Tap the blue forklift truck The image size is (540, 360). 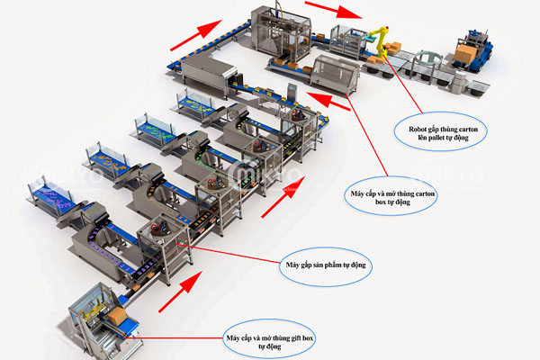click(472, 51)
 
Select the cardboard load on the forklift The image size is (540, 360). click(465, 53)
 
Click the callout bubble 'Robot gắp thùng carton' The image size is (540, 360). click(440, 131)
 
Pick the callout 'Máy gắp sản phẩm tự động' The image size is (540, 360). click(325, 266)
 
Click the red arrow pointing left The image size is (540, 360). click(328, 101)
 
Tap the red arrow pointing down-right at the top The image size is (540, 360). click(333, 9)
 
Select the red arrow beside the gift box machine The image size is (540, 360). click(180, 292)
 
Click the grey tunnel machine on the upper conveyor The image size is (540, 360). click(209, 75)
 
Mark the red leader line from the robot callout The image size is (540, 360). click(402, 84)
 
